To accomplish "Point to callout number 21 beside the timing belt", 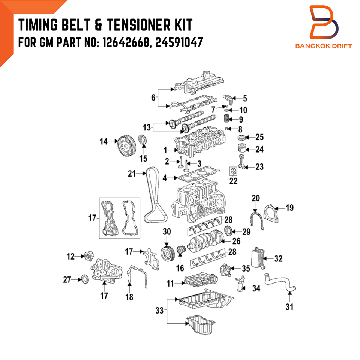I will [x=131, y=173].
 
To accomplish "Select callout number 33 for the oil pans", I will [x=159, y=310].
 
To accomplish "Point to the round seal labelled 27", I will [x=86, y=279].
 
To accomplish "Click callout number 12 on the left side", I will [x=70, y=256].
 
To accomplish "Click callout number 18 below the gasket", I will [x=129, y=297].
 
